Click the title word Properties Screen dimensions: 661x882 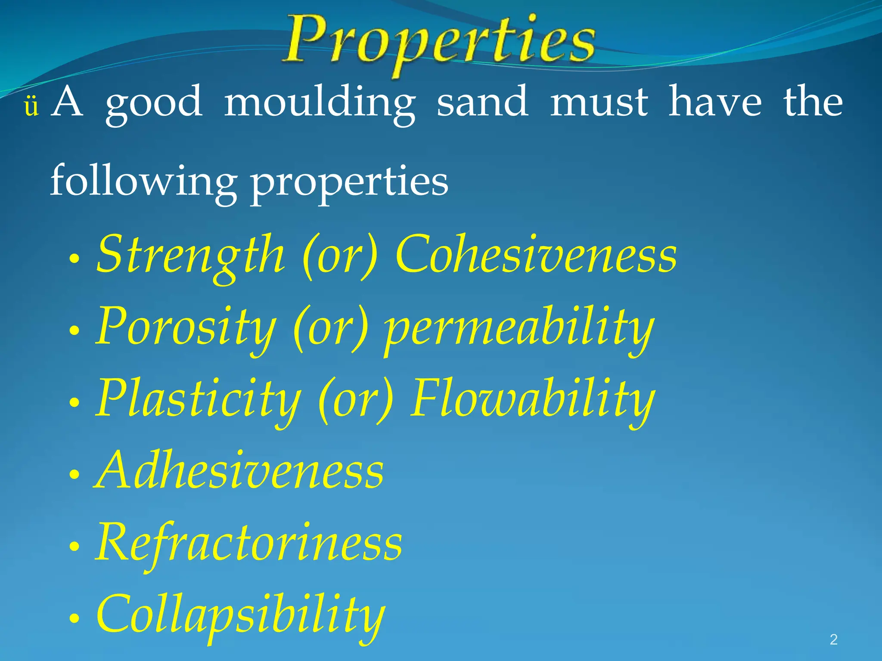[439, 43]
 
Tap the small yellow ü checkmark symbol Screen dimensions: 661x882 [31, 107]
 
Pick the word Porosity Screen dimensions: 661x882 [185, 327]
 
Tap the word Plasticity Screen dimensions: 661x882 [198, 399]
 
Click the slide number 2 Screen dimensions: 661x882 [833, 639]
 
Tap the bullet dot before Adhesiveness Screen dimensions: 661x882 [75, 475]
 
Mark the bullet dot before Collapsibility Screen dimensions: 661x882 [75, 619]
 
